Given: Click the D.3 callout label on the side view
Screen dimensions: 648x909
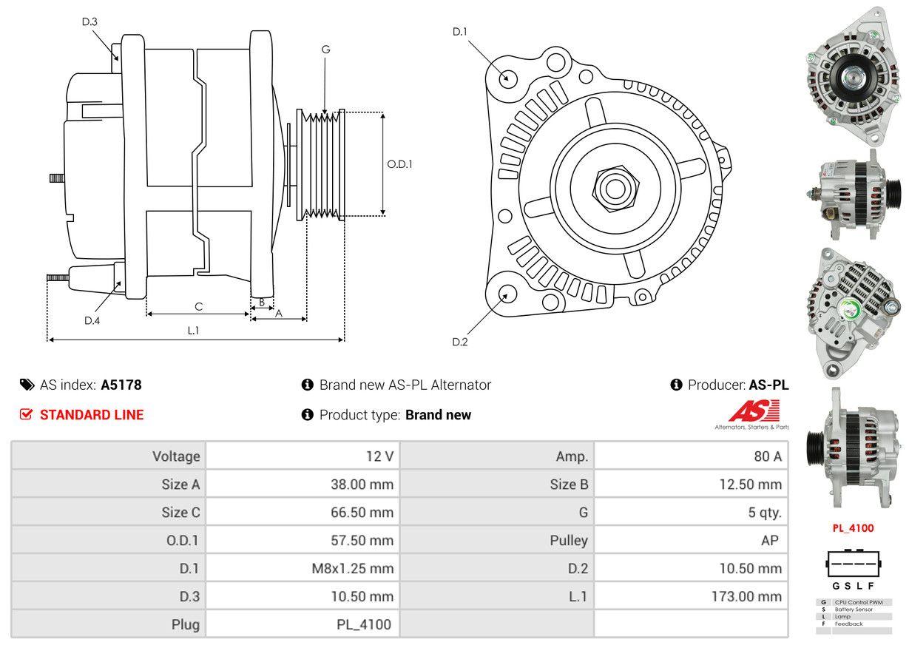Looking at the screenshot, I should (89, 21).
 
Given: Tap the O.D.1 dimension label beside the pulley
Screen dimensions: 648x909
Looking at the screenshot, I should (399, 164).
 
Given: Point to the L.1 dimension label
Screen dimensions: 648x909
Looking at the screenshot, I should (193, 331).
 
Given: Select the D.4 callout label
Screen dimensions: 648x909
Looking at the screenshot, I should (92, 320).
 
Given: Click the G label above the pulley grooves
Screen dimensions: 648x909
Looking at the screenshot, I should (325, 50).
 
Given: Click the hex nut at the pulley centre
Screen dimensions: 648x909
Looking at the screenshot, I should (612, 187).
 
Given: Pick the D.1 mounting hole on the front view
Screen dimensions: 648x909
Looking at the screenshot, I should (507, 78).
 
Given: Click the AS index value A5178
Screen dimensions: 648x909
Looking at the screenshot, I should (121, 385).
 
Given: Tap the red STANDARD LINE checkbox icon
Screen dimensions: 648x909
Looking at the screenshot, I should (26, 415).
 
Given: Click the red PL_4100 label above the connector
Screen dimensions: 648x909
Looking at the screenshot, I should (853, 528).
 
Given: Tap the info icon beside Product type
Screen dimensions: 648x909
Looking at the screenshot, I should (308, 415).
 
